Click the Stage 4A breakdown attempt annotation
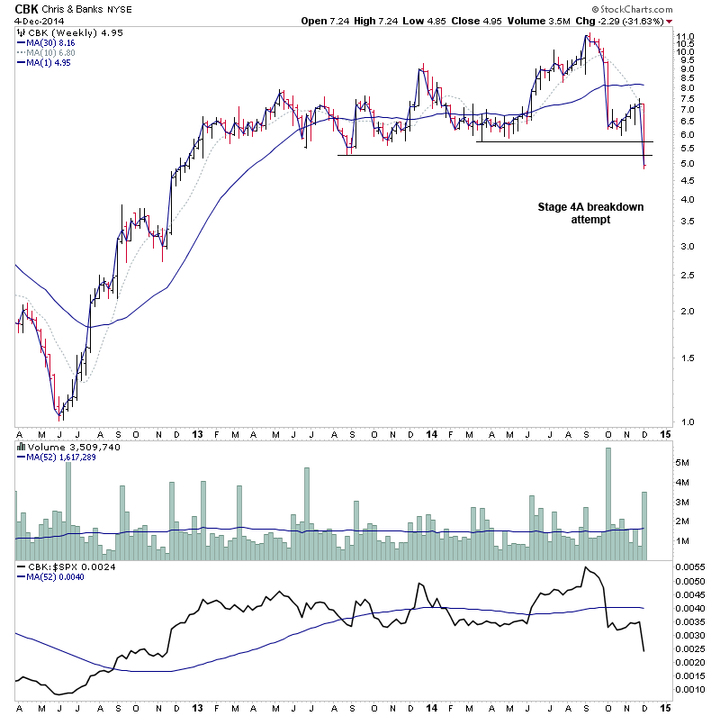pyautogui.click(x=585, y=213)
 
